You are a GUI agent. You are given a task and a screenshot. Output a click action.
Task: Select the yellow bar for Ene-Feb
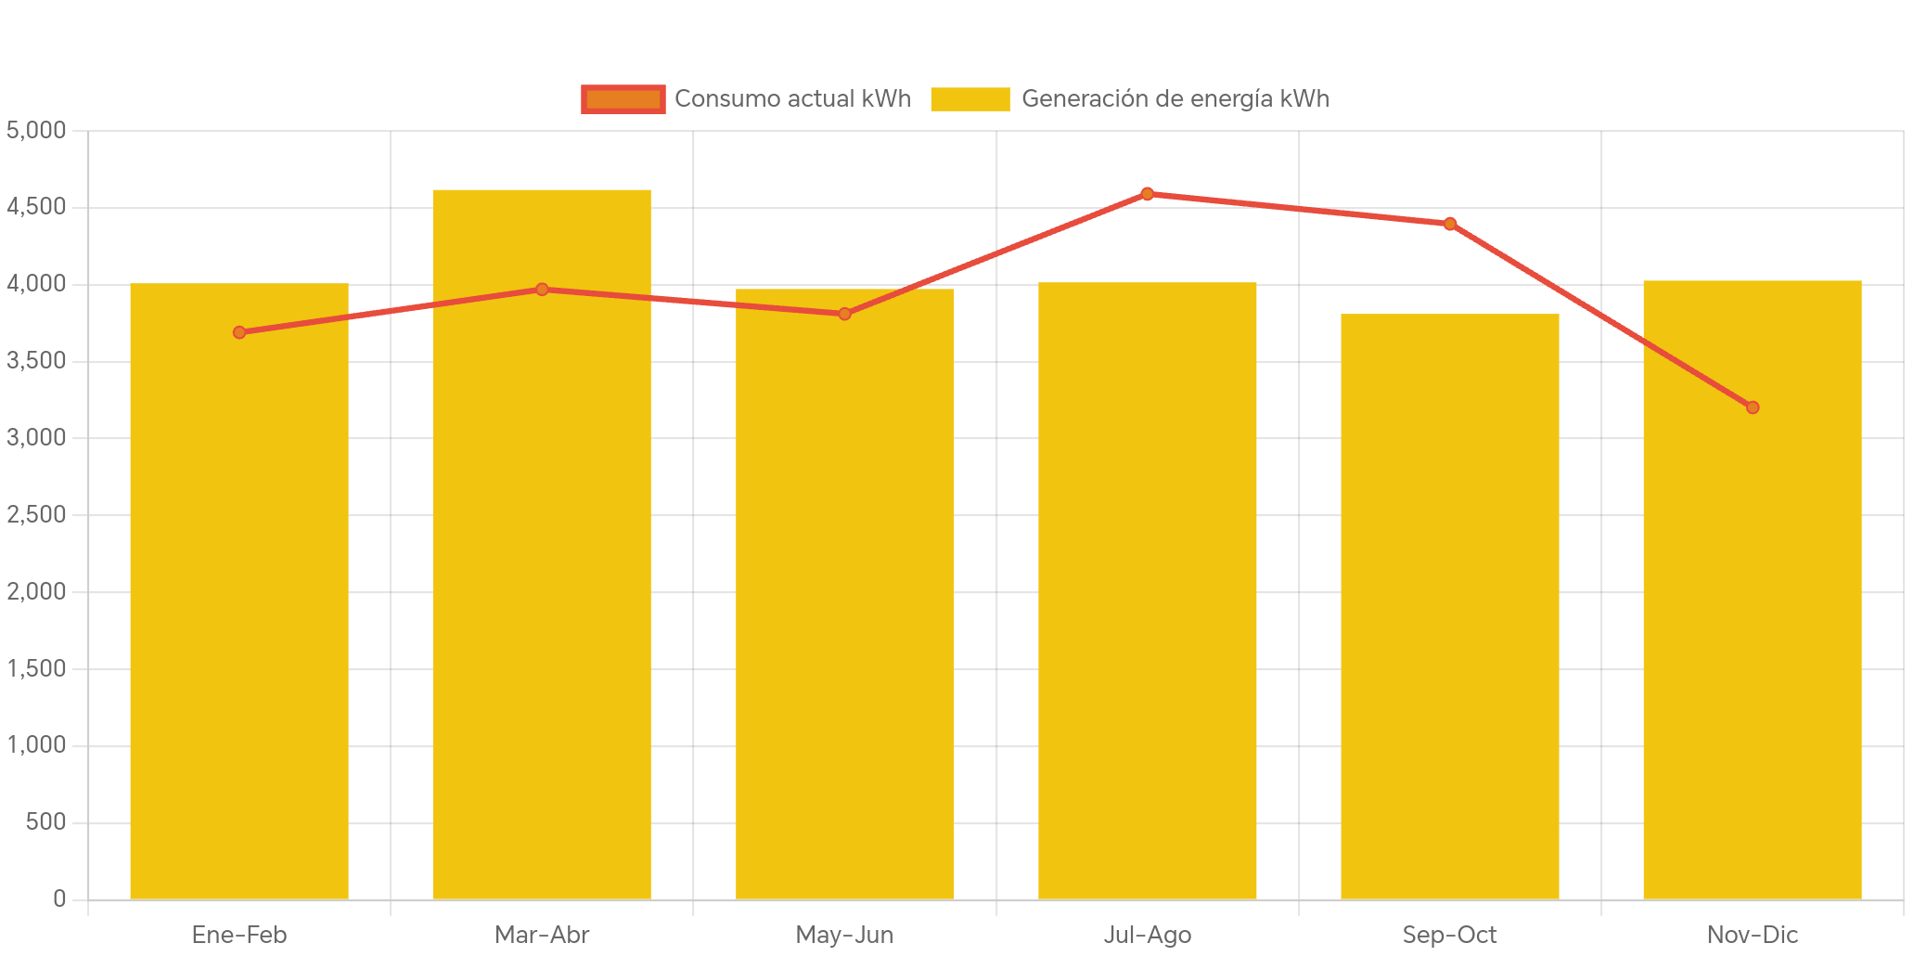pyautogui.click(x=239, y=594)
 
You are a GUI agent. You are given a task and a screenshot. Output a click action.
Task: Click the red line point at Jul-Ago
pyautogui.click(x=1147, y=194)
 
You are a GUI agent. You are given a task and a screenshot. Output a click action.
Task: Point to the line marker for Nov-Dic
pyautogui.click(x=1752, y=407)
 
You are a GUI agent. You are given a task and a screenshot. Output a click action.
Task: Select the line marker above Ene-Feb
pyautogui.click(x=239, y=332)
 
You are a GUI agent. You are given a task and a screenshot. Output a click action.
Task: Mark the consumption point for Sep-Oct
pyautogui.click(x=1449, y=224)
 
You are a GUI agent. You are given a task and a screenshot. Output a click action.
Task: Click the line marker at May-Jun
pyautogui.click(x=844, y=314)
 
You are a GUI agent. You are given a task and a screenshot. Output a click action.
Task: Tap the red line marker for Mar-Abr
pyautogui.click(x=542, y=290)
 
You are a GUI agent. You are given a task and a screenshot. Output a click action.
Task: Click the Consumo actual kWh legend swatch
pyautogui.click(x=623, y=99)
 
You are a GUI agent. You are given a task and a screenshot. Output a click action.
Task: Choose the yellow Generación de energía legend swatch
pyautogui.click(x=970, y=99)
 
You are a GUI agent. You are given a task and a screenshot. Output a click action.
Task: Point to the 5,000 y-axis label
pyautogui.click(x=36, y=130)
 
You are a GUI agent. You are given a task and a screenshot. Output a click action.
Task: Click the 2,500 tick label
pyautogui.click(x=36, y=514)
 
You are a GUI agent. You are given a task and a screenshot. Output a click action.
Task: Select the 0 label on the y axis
pyautogui.click(x=59, y=898)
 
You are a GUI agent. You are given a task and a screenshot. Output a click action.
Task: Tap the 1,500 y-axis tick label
pyautogui.click(x=36, y=668)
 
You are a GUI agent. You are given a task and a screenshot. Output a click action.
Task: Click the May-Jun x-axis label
pyautogui.click(x=844, y=935)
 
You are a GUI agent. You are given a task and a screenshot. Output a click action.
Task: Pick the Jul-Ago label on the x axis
pyautogui.click(x=1147, y=935)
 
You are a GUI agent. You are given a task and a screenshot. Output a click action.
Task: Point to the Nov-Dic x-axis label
pyautogui.click(x=1752, y=935)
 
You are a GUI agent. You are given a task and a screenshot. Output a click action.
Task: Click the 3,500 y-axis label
pyautogui.click(x=36, y=360)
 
